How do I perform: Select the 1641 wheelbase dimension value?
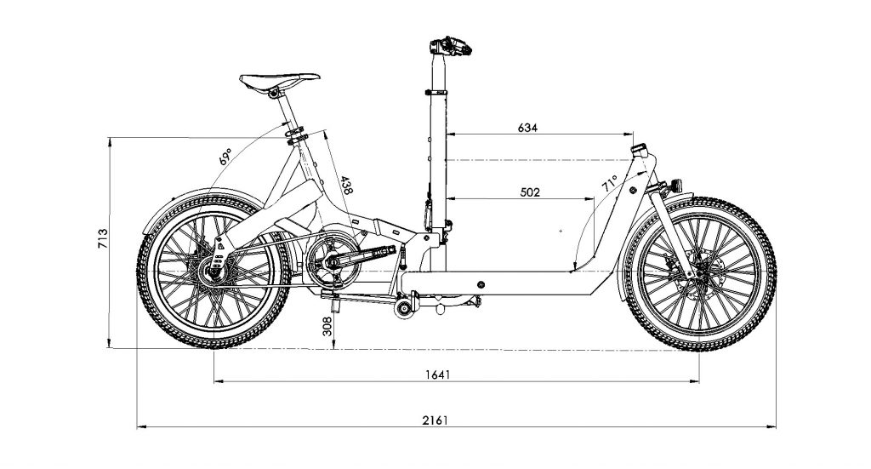click(x=436, y=375)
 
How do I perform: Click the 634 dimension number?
click(x=528, y=128)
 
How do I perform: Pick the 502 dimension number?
click(x=530, y=192)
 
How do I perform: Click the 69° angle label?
click(x=225, y=157)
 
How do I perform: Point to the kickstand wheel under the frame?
click(x=403, y=309)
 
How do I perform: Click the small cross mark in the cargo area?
click(x=561, y=231)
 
